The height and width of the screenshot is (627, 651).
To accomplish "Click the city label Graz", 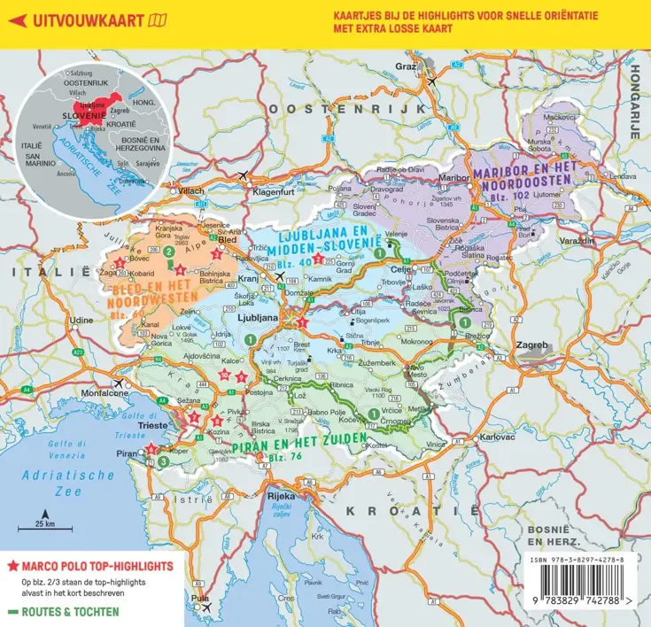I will [x=406, y=66].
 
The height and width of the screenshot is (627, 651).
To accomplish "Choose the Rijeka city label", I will [x=281, y=496].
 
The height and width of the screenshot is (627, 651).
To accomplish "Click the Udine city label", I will [x=81, y=319].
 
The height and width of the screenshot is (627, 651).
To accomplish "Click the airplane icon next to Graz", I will [x=431, y=81].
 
